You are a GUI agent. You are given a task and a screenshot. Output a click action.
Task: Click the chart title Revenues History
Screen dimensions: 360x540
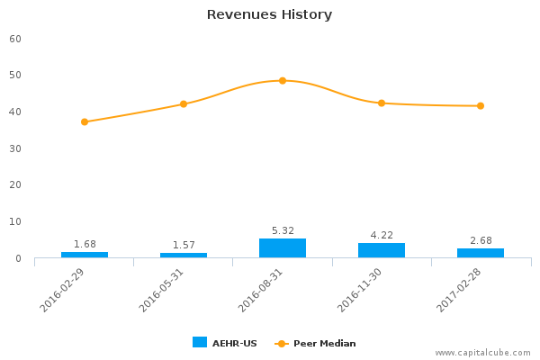(269, 14)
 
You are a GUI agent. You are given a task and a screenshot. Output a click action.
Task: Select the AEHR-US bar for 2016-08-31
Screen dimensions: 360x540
(283, 248)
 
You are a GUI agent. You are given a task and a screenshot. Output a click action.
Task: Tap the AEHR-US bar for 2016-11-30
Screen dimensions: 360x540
(382, 250)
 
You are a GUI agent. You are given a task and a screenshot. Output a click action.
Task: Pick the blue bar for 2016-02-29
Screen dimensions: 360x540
(85, 255)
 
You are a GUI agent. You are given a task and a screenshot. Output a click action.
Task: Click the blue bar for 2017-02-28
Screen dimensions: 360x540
(481, 253)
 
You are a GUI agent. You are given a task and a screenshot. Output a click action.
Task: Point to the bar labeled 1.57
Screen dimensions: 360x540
(184, 256)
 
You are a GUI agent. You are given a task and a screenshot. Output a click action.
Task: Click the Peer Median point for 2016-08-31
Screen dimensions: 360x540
(283, 80)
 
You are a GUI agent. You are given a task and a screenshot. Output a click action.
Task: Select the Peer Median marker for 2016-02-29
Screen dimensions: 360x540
(85, 121)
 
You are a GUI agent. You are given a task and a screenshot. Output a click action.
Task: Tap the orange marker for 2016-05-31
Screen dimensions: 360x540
(184, 104)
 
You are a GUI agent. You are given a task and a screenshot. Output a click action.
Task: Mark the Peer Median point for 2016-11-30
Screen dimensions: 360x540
(382, 103)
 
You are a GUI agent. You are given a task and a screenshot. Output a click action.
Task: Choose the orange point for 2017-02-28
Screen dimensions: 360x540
(481, 106)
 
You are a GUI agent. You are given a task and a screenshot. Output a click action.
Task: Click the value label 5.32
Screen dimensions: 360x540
(283, 230)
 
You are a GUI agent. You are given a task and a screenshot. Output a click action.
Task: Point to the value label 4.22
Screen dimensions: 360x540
(382, 235)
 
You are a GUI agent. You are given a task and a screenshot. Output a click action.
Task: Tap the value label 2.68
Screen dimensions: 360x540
(481, 240)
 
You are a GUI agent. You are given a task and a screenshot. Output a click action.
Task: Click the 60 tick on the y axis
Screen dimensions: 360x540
(15, 39)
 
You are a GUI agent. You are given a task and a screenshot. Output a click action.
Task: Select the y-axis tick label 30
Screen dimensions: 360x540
(15, 148)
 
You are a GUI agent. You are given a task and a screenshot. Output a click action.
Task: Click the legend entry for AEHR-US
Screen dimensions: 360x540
(225, 343)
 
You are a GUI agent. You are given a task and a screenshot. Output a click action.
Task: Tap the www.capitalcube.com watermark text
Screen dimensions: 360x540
(483, 353)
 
